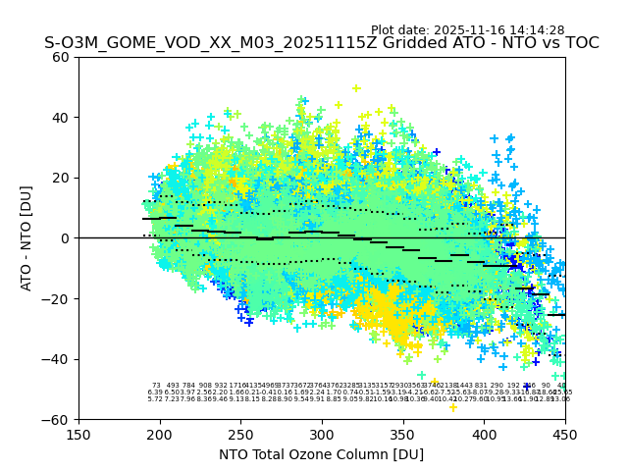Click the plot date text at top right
pos(467,30)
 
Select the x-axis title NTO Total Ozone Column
pos(321,454)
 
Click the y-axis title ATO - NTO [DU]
pos(27,238)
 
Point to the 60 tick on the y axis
pos(61,57)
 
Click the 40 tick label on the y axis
pos(61,118)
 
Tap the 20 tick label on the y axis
pos(61,178)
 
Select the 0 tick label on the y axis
pos(65,238)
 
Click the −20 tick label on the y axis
pos(57,298)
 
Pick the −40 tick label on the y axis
pos(57,359)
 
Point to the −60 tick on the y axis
pos(57,419)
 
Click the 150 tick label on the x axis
pos(78,434)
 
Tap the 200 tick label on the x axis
pos(160,434)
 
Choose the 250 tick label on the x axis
pos(240,434)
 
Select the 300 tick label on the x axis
pos(322,434)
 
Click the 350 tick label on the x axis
pos(403,434)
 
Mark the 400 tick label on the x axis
pos(484,434)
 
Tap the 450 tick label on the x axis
pos(565,434)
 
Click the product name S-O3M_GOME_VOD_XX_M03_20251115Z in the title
pos(183,43)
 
